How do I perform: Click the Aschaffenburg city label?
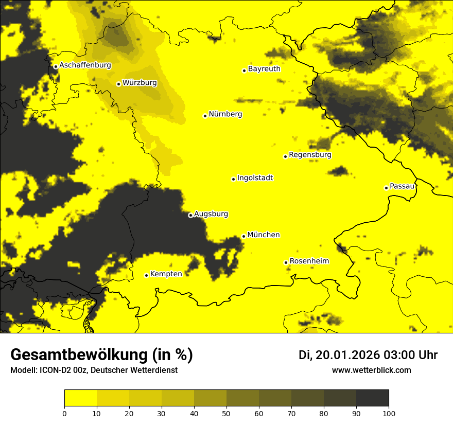[85, 65]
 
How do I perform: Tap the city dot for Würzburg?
[118, 84]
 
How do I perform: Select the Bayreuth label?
[264, 69]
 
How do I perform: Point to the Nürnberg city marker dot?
[205, 116]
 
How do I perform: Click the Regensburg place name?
[310, 155]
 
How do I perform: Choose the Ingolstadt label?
[255, 178]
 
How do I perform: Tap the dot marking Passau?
[386, 188]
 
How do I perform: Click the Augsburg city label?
[211, 214]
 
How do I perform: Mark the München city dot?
[243, 236]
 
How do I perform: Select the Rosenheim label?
[309, 261]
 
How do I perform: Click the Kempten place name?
[166, 274]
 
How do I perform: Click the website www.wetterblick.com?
[371, 370]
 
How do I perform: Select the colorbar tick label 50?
[226, 413]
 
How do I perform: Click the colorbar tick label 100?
[388, 413]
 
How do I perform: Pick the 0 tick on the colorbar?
[64, 413]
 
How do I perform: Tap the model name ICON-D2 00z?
[61, 370]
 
